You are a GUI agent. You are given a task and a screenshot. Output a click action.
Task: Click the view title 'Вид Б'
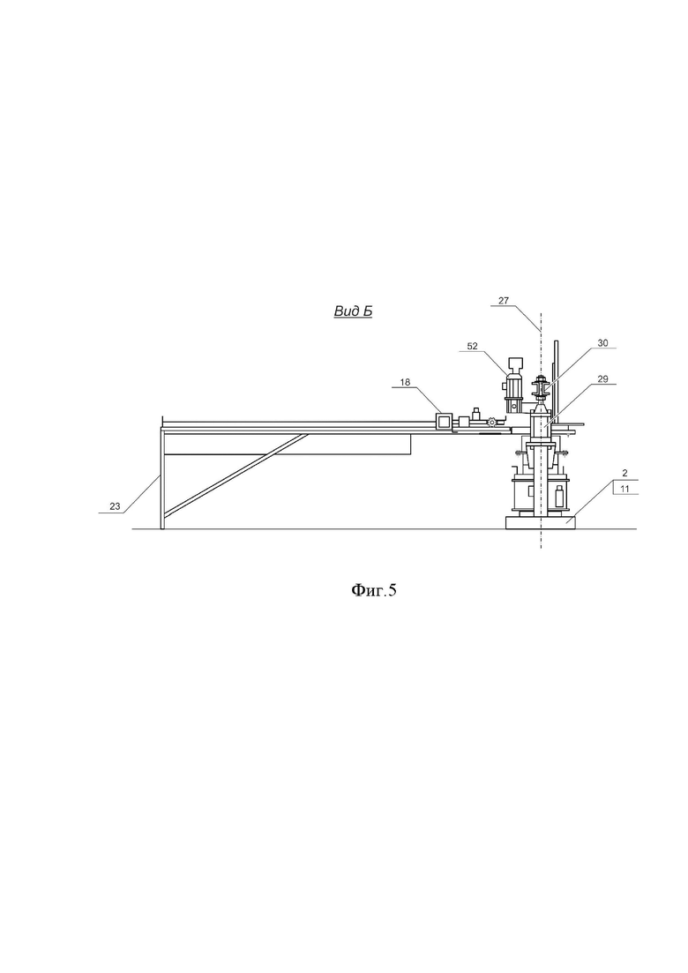point(353,311)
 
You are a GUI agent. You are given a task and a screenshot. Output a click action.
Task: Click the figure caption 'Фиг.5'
point(373,589)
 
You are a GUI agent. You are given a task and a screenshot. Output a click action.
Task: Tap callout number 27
point(503,300)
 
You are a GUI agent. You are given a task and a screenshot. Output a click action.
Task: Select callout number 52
point(473,347)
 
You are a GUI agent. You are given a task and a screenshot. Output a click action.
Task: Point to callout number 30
point(603,342)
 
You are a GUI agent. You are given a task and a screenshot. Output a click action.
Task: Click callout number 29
point(603,378)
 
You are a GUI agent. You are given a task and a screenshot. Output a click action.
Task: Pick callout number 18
point(405,382)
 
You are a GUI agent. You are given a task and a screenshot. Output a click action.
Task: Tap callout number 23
point(115,506)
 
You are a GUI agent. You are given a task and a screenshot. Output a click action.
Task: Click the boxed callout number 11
point(624,489)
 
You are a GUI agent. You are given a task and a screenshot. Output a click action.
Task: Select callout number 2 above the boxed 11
point(624,473)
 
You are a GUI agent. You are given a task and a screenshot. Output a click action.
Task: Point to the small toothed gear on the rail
point(492,423)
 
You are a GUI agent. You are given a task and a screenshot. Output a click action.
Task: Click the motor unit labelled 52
point(514,385)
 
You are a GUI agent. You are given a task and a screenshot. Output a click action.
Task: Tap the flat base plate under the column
point(541,522)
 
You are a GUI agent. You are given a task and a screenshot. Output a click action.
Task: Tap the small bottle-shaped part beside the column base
point(559,497)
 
